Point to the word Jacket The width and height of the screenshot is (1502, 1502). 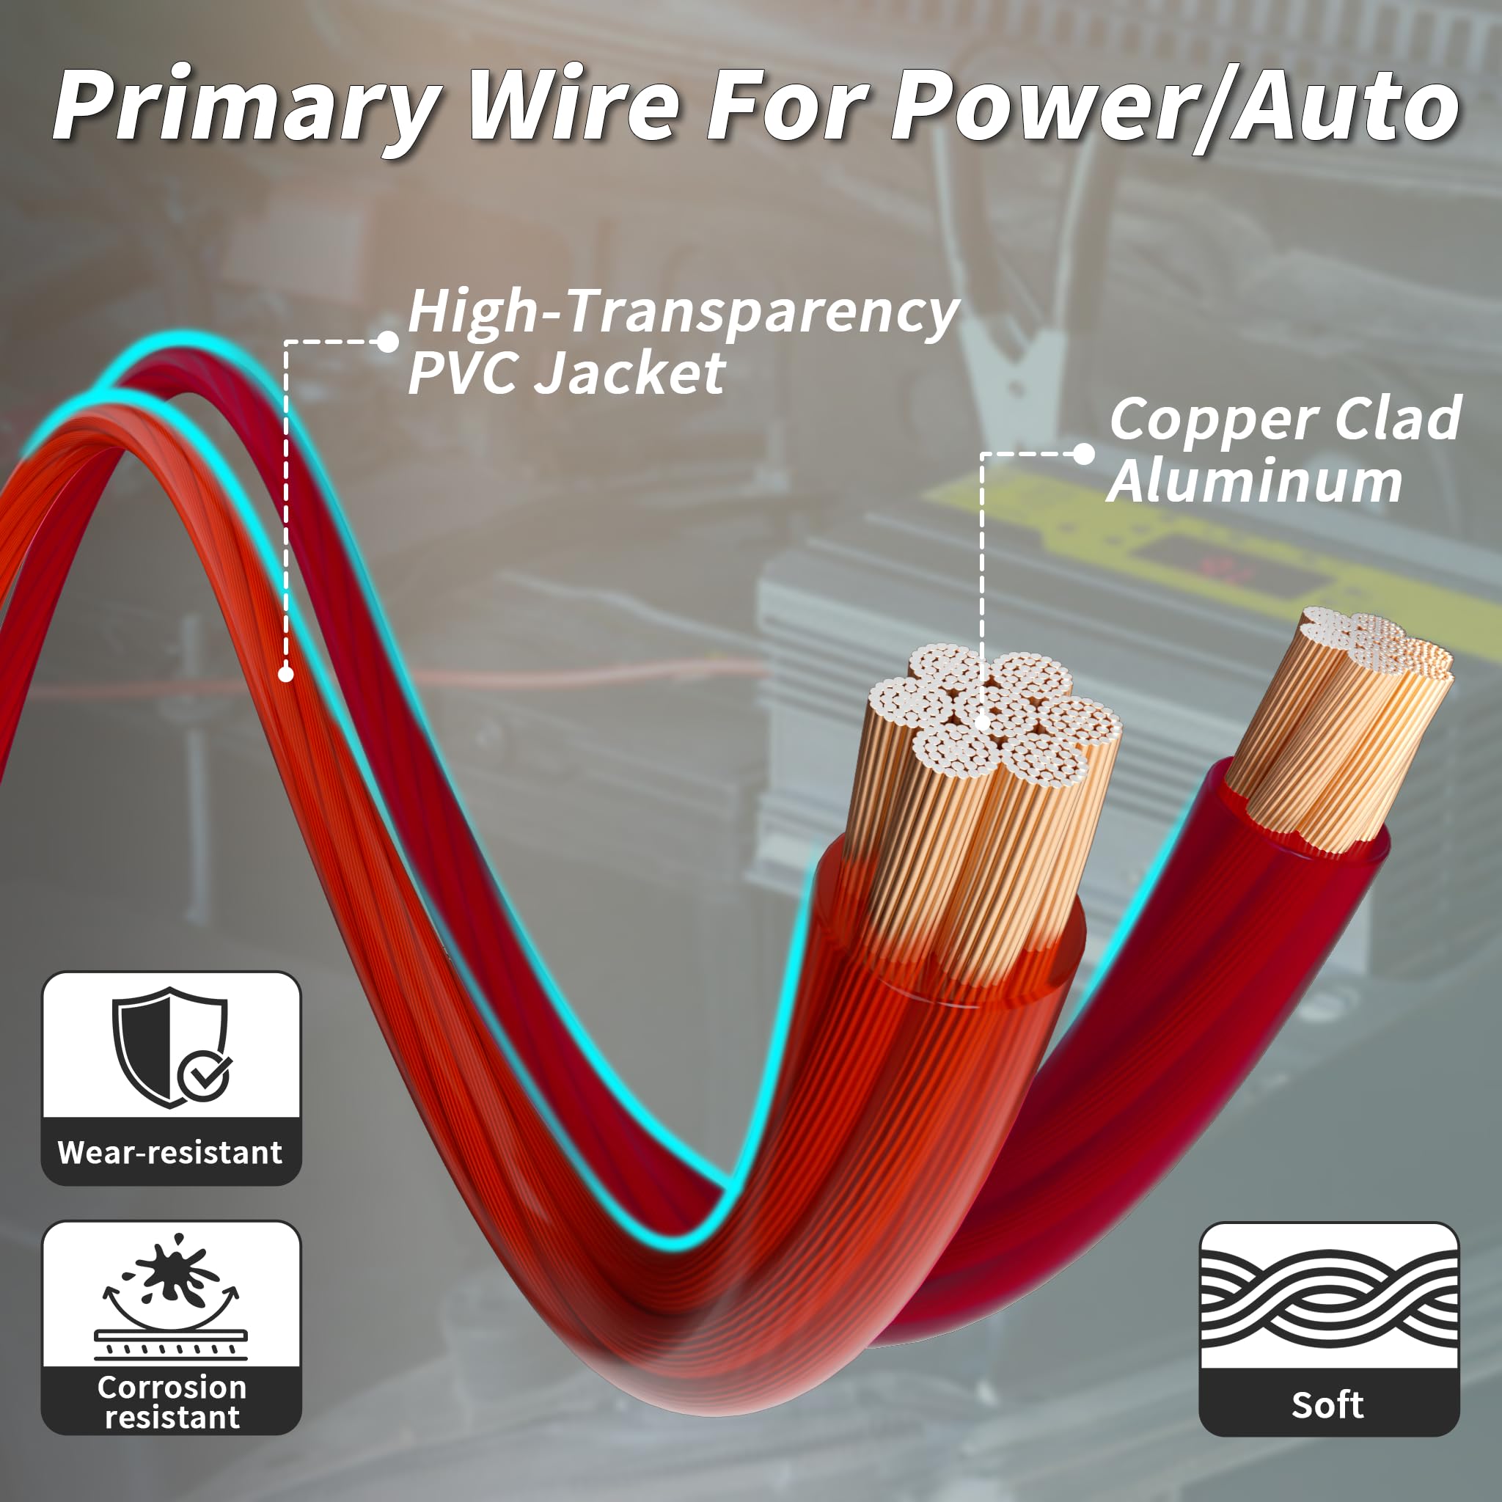coord(632,373)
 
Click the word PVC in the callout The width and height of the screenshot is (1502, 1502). coord(467,373)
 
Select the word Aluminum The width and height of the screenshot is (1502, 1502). coord(1254,481)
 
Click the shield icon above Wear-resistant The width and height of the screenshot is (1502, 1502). coord(169,1046)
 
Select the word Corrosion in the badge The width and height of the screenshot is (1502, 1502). coord(172,1388)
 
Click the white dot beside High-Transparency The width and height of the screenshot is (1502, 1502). coord(387,341)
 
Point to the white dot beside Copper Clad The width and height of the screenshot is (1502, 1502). coord(1083,454)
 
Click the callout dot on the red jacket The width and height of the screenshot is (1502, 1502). coord(286,674)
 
